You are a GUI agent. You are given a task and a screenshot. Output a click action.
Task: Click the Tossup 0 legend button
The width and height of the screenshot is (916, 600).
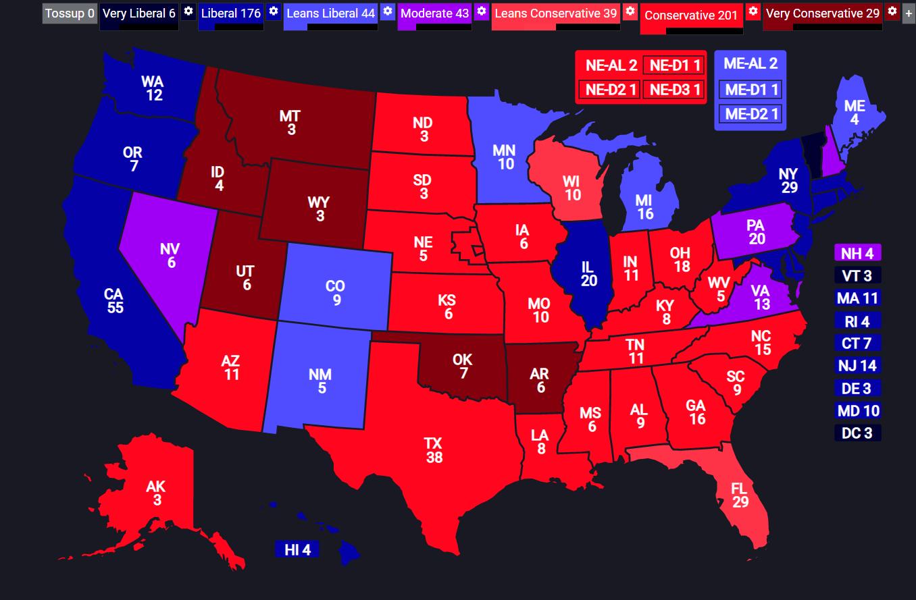point(70,13)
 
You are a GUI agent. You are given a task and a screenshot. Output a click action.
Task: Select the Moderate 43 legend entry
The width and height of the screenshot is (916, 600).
point(435,13)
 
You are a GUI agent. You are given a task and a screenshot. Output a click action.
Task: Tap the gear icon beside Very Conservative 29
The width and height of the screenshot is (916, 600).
point(892,11)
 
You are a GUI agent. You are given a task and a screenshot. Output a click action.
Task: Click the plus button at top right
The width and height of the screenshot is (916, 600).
point(909,13)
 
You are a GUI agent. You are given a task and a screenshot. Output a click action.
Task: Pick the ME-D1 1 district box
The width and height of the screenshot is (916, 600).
point(750,88)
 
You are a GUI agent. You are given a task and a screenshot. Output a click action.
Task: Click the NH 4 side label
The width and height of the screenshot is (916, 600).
point(857,254)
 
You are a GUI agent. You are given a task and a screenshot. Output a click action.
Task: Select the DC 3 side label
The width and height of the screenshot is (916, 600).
point(857,433)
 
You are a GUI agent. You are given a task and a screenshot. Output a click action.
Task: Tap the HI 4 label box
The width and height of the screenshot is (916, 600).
point(297,549)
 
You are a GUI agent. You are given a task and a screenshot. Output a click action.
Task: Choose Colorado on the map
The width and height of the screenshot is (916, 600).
point(336,290)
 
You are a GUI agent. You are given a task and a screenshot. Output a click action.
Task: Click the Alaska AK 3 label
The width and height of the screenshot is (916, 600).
point(156,493)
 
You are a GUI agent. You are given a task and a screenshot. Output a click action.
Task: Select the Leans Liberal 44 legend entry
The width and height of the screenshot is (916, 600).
point(330,13)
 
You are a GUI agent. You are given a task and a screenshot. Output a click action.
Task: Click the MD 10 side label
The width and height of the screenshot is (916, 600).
point(857,410)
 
